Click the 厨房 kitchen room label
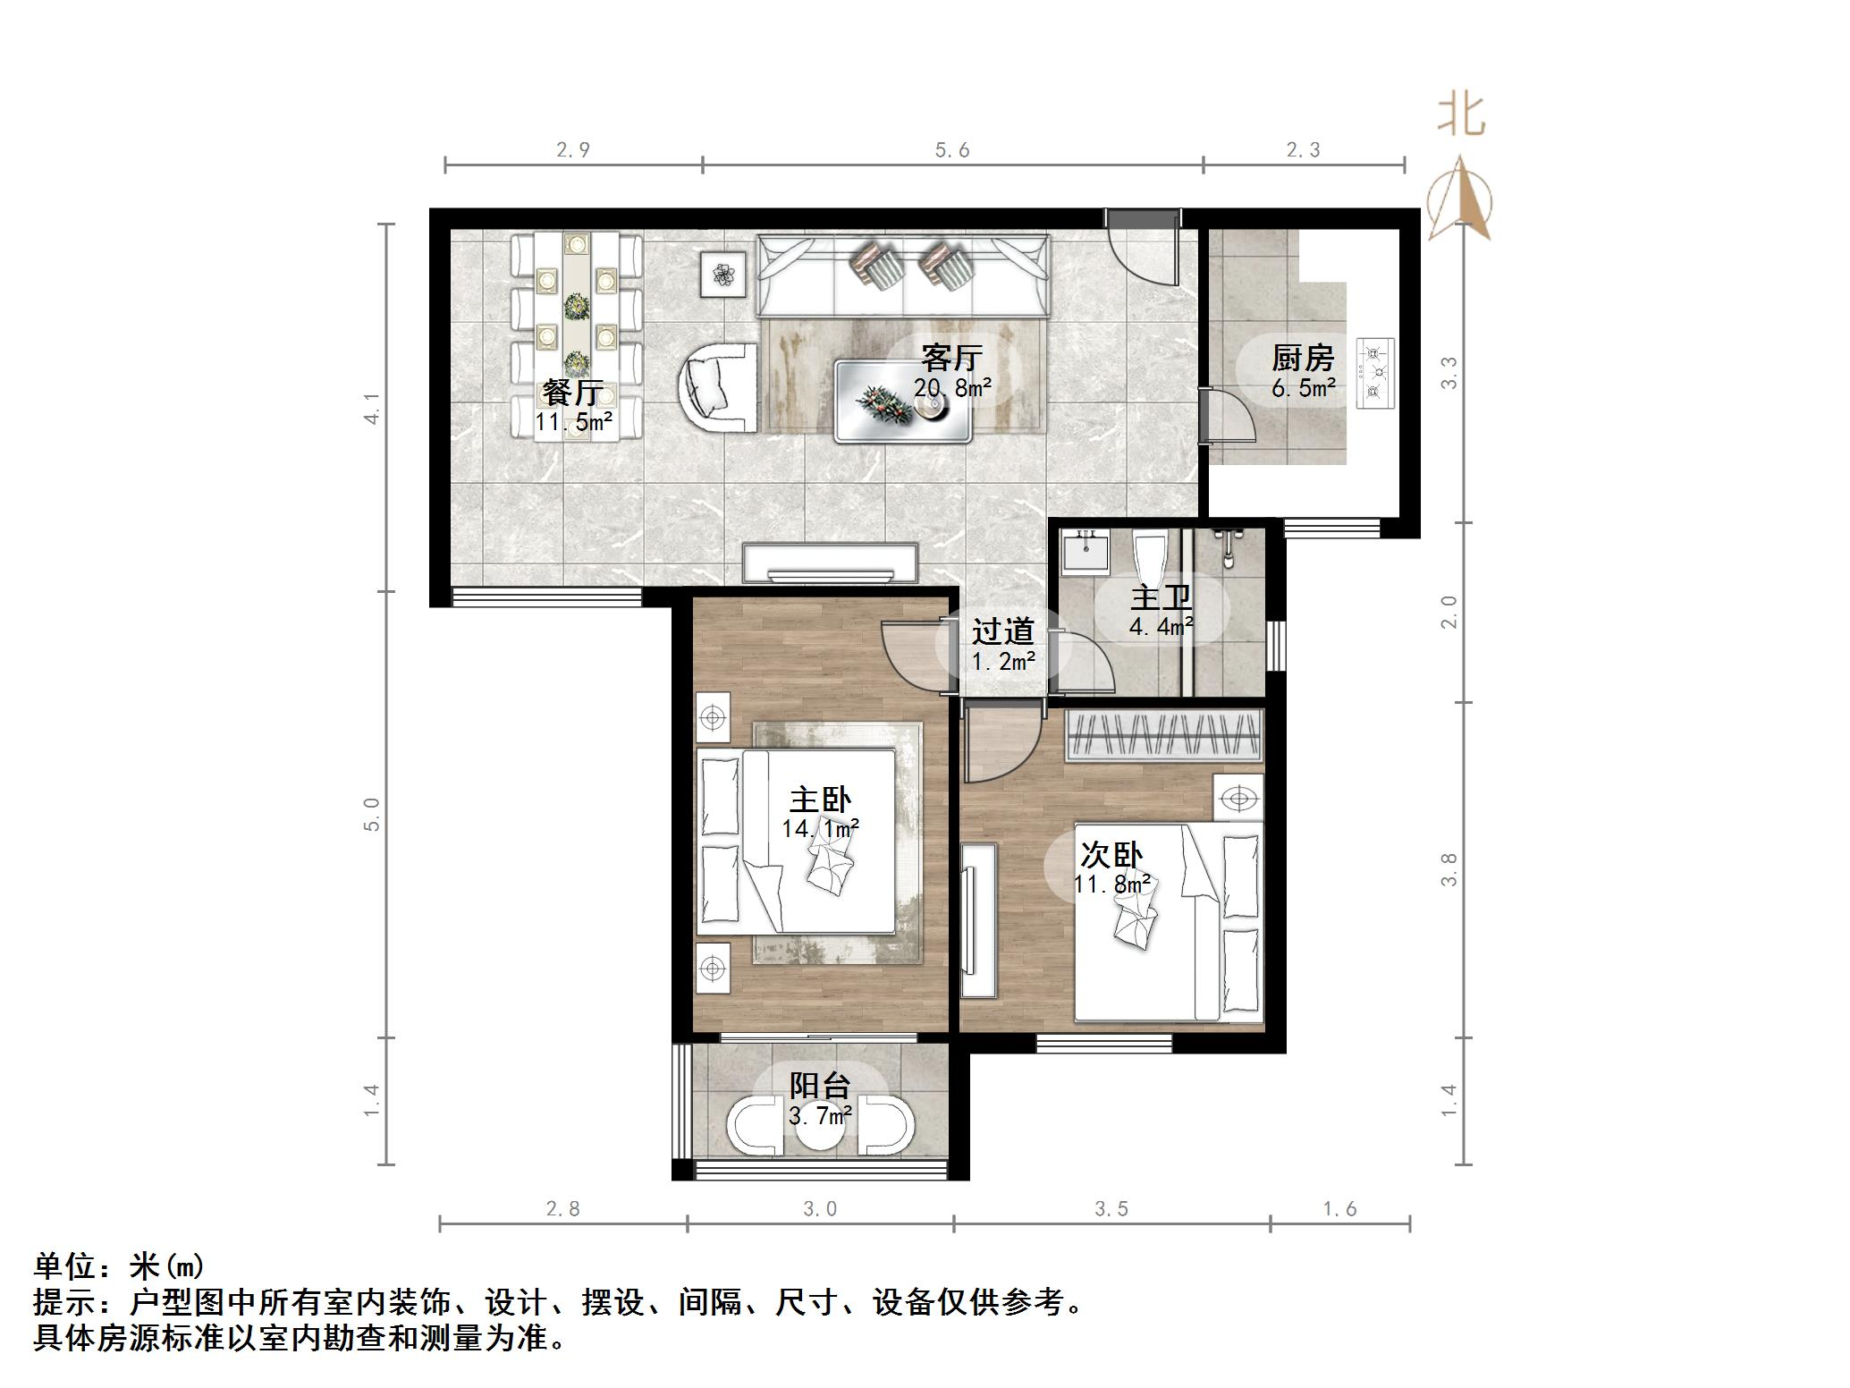coord(1303,359)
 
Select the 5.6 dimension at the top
coord(952,150)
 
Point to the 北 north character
coord(1461,116)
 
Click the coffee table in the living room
coord(902,401)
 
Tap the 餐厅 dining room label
coord(572,393)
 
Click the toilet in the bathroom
coord(1150,555)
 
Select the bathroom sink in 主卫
coord(1085,552)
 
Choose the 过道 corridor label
coord(1003,631)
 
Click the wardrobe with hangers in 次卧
coord(1163,735)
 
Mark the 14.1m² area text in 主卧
coord(820,829)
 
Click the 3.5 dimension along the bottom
coord(1111,1209)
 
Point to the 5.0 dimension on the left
coord(373,814)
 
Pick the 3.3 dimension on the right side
coord(1449,372)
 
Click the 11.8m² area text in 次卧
coord(1112,884)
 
